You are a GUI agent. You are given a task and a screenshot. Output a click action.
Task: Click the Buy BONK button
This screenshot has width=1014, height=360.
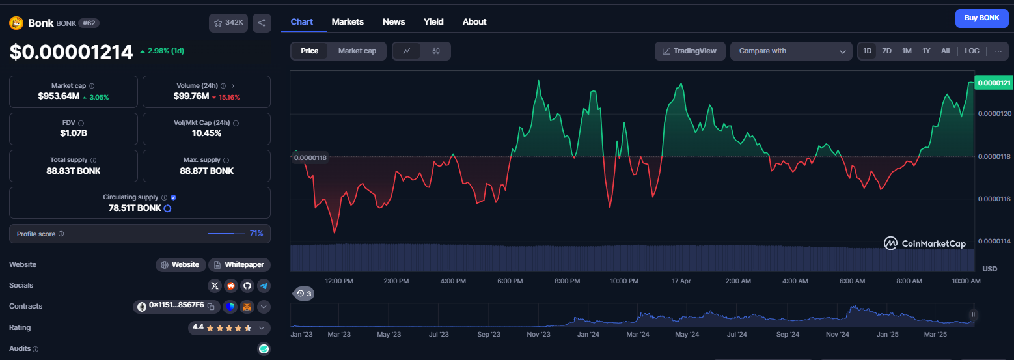(x=981, y=18)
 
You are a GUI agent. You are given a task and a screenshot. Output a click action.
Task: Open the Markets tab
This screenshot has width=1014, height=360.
(x=347, y=21)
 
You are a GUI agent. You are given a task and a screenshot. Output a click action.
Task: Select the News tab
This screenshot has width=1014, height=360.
(x=393, y=21)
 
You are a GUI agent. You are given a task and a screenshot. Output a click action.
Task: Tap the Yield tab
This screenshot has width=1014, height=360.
(x=433, y=21)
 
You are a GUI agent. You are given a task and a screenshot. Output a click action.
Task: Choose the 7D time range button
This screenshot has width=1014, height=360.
(x=887, y=51)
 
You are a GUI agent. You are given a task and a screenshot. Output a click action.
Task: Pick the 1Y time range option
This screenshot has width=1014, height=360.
(x=926, y=51)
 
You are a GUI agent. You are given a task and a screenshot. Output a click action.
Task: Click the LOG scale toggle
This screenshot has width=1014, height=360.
(x=972, y=51)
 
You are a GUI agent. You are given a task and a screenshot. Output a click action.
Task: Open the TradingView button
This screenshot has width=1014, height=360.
(x=689, y=51)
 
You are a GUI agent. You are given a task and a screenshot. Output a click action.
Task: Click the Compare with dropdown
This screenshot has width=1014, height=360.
(x=791, y=51)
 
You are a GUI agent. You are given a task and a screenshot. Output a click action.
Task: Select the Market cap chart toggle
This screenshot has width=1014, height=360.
(x=357, y=51)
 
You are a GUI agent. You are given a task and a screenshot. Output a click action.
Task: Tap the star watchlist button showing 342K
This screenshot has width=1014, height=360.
(x=228, y=23)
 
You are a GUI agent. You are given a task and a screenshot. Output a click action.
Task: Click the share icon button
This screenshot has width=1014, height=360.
(x=262, y=23)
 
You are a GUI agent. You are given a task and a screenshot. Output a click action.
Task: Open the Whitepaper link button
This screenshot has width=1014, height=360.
(x=239, y=264)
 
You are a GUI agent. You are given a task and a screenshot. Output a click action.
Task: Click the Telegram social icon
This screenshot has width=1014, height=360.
(x=264, y=286)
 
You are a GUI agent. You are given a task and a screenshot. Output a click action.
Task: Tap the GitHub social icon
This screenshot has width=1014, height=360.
(x=247, y=286)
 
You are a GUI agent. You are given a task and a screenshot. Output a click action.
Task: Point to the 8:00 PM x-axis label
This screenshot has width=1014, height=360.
(x=567, y=281)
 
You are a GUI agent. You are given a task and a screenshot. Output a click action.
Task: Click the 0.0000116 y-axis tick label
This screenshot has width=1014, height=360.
(x=994, y=199)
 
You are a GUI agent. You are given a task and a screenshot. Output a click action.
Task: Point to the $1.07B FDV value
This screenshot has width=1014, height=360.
(x=74, y=133)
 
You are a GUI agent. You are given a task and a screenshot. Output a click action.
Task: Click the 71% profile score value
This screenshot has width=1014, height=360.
(x=256, y=233)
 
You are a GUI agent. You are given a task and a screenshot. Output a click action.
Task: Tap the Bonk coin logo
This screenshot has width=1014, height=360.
(x=16, y=23)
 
